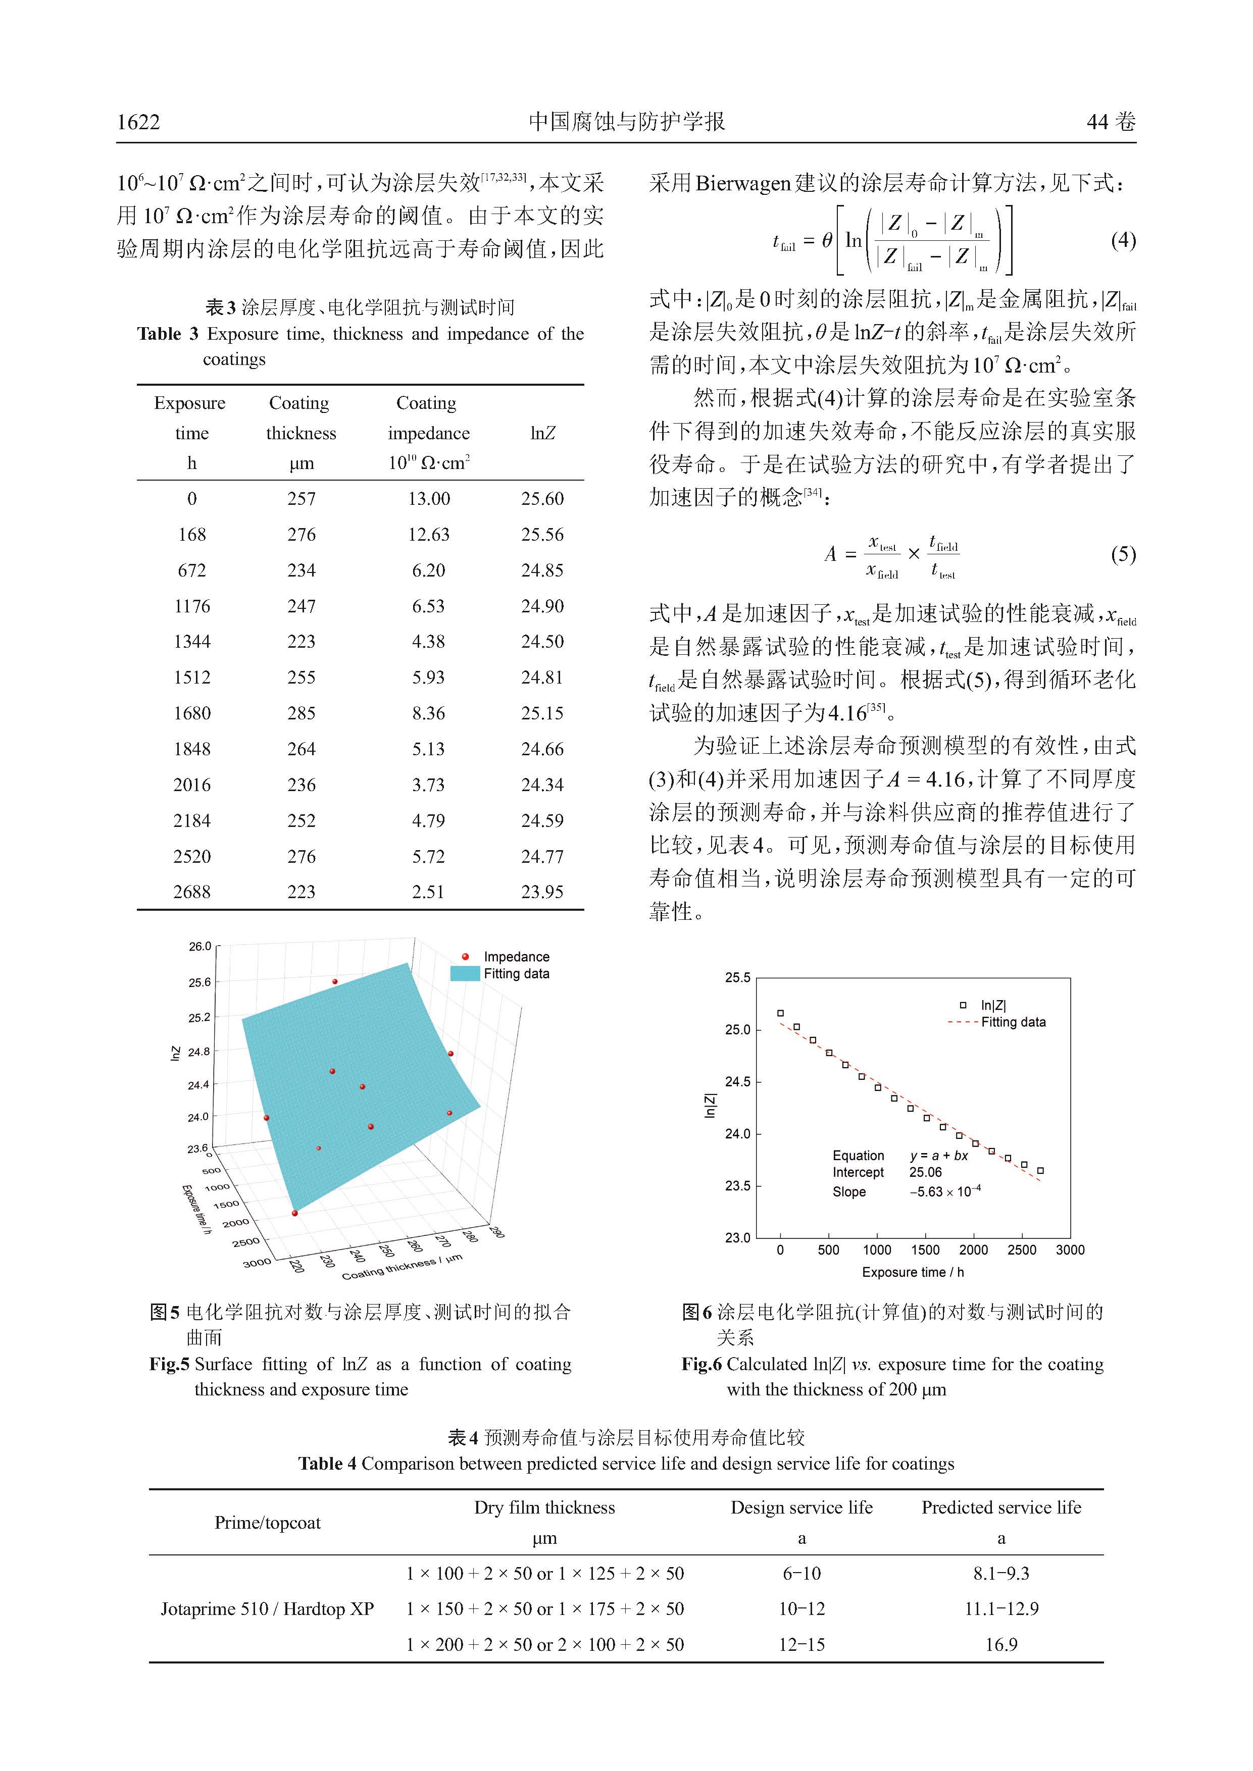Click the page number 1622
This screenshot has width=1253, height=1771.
coord(139,122)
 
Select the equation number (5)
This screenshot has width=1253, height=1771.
coord(1123,554)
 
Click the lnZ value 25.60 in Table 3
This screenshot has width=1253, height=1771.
coord(542,499)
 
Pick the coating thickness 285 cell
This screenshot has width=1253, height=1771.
coord(301,713)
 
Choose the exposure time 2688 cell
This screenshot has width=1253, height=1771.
coord(191,893)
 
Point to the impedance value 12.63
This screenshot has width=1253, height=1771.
coord(428,535)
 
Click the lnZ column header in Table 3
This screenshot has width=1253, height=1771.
coord(542,434)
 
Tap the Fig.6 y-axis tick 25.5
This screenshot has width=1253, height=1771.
coord(737,978)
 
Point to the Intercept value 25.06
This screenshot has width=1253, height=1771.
coord(925,1172)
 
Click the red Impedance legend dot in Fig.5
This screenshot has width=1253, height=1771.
coord(465,957)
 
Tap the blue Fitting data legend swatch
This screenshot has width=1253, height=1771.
coord(465,973)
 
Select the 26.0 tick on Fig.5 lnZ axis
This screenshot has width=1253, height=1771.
coord(200,947)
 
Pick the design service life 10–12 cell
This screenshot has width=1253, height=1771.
coord(801,1609)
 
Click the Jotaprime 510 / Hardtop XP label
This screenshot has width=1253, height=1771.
coord(267,1609)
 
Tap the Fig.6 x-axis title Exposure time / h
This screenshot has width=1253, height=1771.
coord(913,1272)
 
